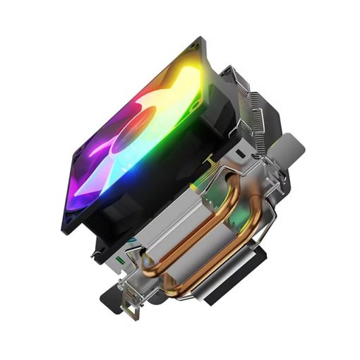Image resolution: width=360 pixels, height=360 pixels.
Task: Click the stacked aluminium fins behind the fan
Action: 244,99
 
